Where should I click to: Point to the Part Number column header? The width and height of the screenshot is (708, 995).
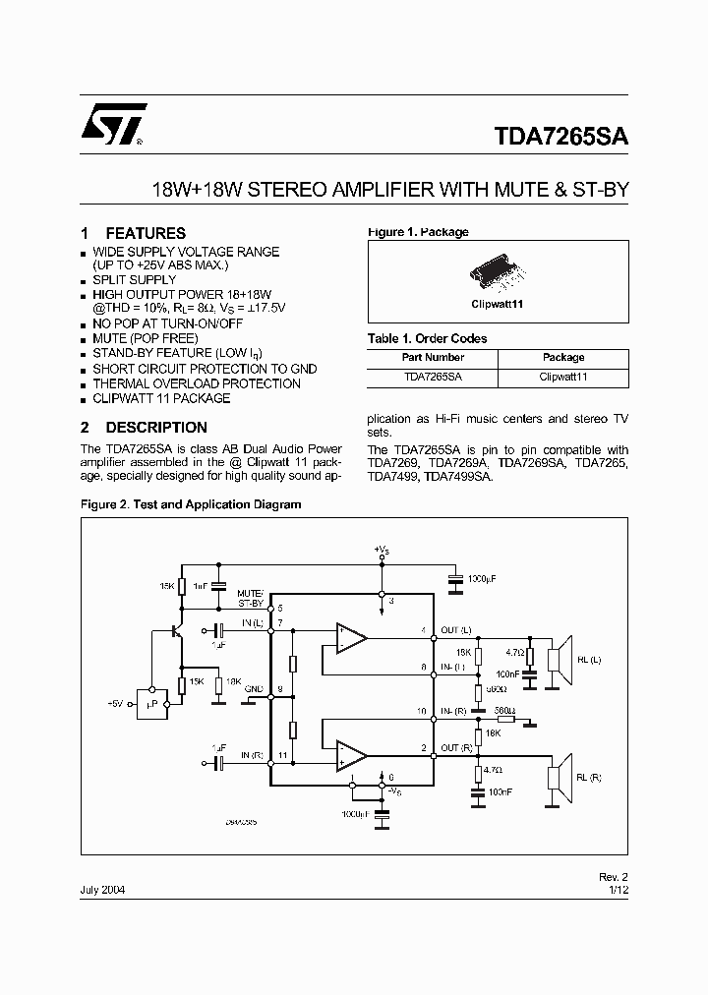433,357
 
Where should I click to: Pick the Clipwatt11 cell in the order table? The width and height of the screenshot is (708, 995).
563,377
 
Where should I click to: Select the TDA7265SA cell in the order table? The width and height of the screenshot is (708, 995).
433,377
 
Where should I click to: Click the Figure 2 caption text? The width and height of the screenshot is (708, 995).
190,504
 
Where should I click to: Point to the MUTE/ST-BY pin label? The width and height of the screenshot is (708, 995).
251,599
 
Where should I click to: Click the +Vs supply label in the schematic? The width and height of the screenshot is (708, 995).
383,549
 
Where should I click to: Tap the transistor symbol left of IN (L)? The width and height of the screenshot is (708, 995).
178,630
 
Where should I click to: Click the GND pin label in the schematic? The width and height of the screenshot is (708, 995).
253,689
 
